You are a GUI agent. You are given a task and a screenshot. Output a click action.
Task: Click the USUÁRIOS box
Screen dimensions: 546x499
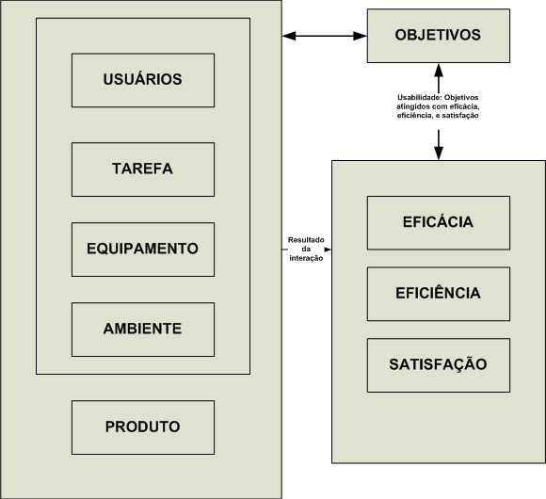(x=143, y=80)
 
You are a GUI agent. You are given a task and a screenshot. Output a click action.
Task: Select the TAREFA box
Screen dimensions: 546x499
(x=143, y=169)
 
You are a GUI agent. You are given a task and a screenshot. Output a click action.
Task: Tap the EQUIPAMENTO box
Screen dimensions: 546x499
(x=143, y=249)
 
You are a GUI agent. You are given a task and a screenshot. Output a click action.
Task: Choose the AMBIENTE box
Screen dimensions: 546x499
(x=143, y=330)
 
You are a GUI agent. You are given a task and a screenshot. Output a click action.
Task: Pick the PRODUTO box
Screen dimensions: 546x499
(x=143, y=427)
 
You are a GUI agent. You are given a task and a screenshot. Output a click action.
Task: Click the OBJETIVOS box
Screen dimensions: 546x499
(x=439, y=36)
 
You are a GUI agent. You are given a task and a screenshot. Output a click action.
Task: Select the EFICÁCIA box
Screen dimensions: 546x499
(x=439, y=223)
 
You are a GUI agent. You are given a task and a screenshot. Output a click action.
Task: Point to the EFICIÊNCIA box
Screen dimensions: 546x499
(x=439, y=294)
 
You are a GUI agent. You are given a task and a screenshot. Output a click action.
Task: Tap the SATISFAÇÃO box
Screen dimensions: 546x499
(x=439, y=365)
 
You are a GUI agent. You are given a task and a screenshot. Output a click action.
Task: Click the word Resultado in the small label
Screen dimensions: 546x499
(x=306, y=240)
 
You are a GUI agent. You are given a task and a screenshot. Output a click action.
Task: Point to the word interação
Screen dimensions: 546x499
(x=306, y=258)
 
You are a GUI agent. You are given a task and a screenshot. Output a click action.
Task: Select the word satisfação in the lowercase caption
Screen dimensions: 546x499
(x=460, y=116)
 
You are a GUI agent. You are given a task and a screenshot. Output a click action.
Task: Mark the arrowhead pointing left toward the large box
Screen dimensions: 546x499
(x=289, y=36)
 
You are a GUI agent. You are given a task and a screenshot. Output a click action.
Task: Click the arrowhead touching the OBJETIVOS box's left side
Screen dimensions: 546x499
(x=360, y=36)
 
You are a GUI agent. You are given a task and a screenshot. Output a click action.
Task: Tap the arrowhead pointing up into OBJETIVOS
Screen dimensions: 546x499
(x=439, y=71)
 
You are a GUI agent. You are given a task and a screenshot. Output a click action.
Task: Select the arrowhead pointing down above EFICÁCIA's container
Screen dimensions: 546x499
(x=439, y=153)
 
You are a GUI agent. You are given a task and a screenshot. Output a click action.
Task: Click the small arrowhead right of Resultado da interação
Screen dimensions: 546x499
(x=328, y=249)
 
